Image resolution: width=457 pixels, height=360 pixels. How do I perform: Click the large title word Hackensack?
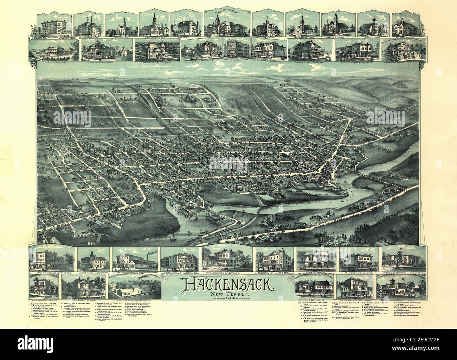[x=228, y=287]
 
